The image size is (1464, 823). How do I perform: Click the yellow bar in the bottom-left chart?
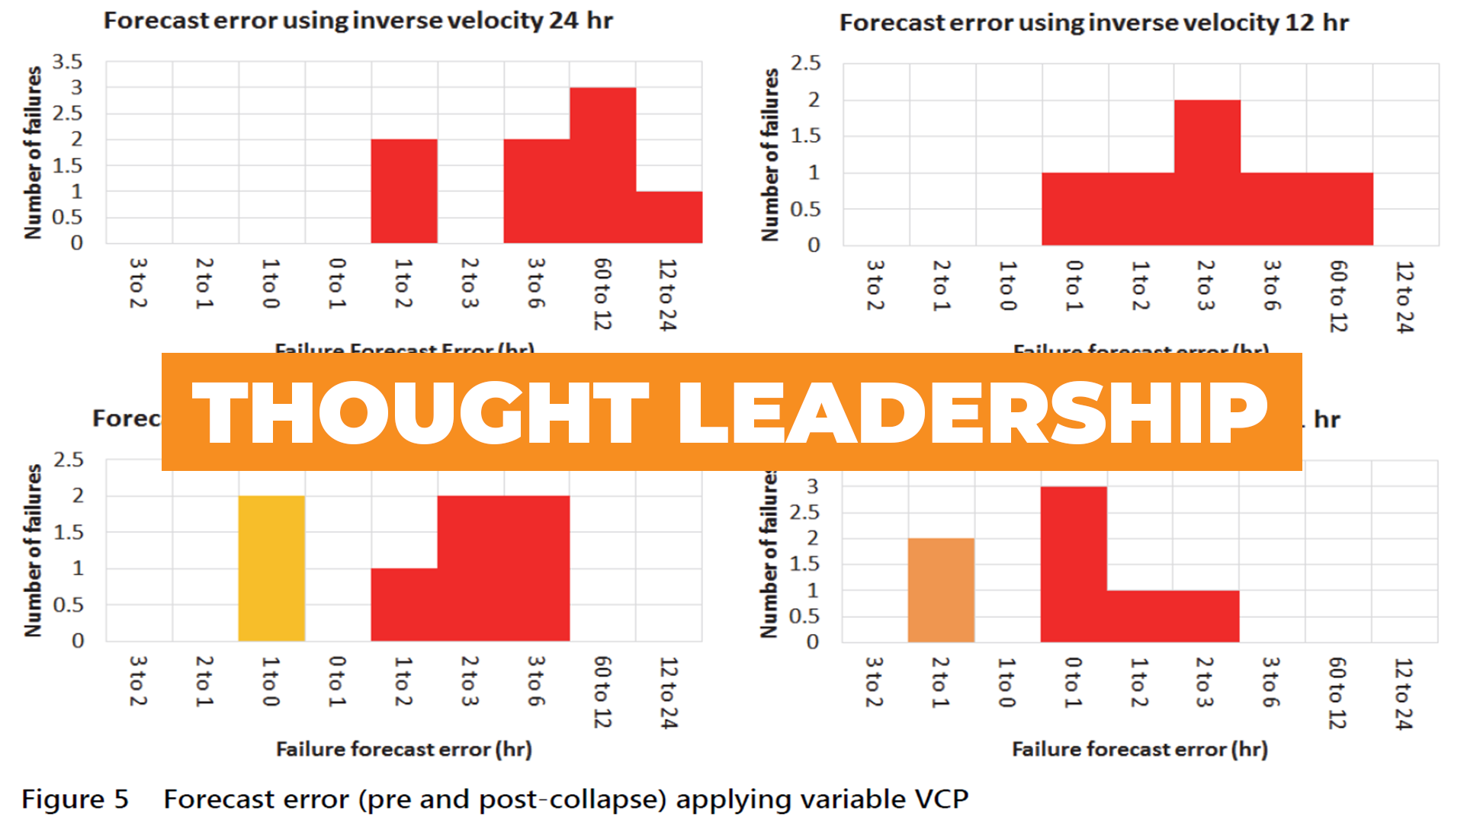coord(271,568)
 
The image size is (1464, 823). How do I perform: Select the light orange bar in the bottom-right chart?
coord(941,590)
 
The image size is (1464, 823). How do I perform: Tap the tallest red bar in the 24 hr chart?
coord(602,165)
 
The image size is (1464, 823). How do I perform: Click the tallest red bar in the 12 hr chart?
coord(1207,172)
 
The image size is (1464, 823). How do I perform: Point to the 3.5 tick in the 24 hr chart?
coord(67,62)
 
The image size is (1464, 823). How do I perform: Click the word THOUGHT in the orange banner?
coord(419,412)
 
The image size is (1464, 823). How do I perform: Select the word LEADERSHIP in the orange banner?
coord(972,412)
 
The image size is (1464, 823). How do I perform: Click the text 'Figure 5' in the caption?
coord(75,799)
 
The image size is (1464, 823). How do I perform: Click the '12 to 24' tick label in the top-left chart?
coord(667,295)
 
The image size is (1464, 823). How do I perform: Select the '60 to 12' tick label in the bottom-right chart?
coord(1337,693)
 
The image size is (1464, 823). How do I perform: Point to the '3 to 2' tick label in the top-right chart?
coord(875,285)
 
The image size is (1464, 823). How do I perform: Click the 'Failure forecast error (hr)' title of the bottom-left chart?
coord(403,749)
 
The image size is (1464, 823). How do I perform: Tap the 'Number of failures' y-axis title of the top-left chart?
coord(33,152)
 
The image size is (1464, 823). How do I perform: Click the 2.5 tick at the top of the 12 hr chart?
coord(806,63)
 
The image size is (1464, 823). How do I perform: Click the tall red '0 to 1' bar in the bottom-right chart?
coord(1073,564)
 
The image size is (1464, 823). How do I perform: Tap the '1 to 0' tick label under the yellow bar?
coord(270,681)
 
